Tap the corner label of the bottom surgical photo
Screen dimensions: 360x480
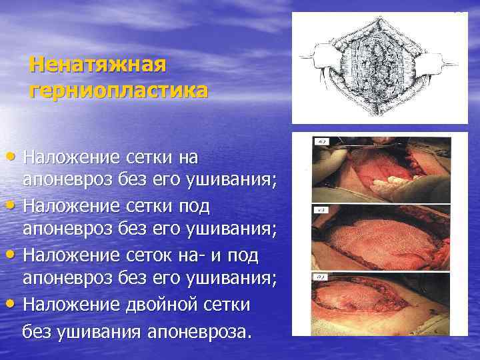point(321,277)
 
